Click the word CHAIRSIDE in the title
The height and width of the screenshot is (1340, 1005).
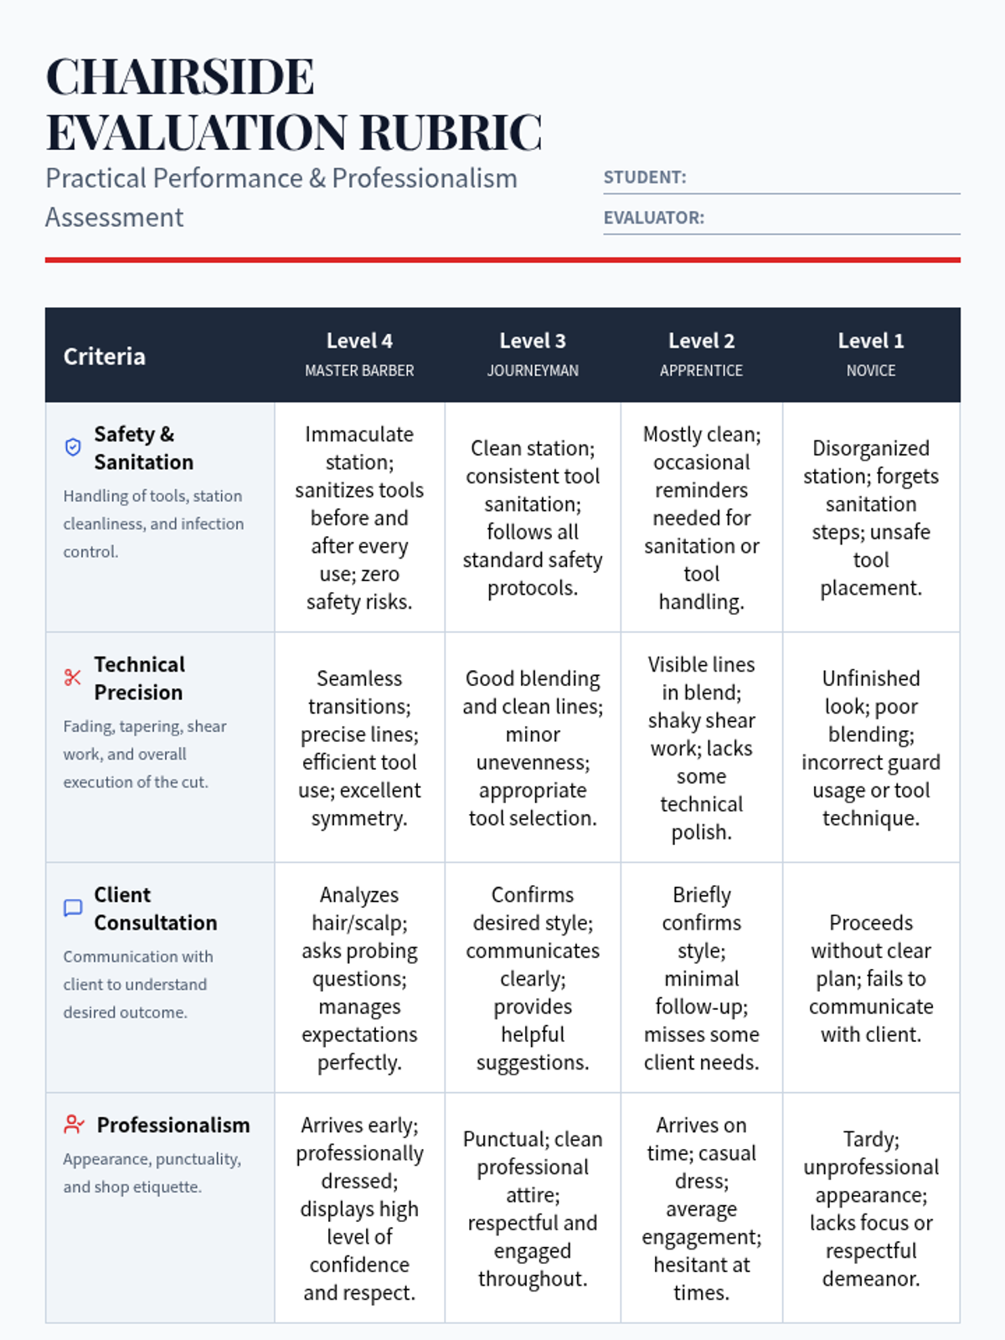pos(180,77)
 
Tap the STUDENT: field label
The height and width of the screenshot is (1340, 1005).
pos(644,178)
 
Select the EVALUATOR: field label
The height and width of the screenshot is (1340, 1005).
pos(653,218)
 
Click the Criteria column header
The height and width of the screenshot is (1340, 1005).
pos(105,357)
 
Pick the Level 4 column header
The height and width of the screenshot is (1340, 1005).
pos(359,341)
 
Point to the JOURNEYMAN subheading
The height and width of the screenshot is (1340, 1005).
pos(533,370)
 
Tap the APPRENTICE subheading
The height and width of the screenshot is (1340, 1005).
pos(701,370)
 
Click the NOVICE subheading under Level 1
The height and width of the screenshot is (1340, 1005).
pos(870,370)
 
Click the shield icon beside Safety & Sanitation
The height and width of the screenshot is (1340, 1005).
pos(73,447)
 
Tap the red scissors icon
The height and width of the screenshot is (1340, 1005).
pos(73,678)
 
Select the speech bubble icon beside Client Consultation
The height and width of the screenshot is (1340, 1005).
pos(73,908)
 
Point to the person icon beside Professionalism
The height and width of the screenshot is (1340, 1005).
pos(74,1125)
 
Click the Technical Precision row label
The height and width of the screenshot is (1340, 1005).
pos(139,678)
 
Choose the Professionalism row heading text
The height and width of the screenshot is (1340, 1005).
pos(173,1125)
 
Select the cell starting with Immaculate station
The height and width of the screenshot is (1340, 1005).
pos(359,518)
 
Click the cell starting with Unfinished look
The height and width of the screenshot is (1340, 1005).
pos(870,748)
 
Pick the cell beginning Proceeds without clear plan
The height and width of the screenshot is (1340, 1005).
pos(870,978)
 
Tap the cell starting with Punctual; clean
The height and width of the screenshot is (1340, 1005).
pos(533,1209)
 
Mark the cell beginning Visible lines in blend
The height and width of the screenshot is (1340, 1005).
pos(701,748)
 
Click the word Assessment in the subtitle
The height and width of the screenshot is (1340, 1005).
pos(115,218)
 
